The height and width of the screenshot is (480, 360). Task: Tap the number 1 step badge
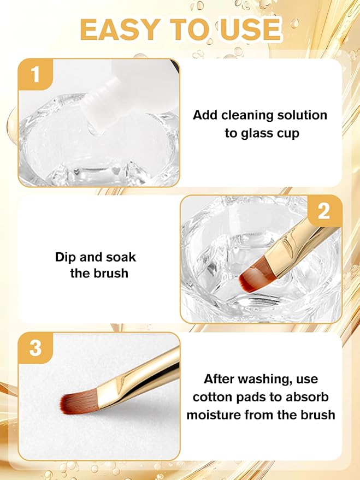(36, 75)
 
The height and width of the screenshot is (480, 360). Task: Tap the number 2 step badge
(324, 211)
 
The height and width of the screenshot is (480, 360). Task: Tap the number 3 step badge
(36, 348)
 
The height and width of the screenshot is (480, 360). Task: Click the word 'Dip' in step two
(66, 257)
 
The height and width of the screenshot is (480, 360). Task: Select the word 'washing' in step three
(262, 378)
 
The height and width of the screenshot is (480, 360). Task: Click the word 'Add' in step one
(205, 115)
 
